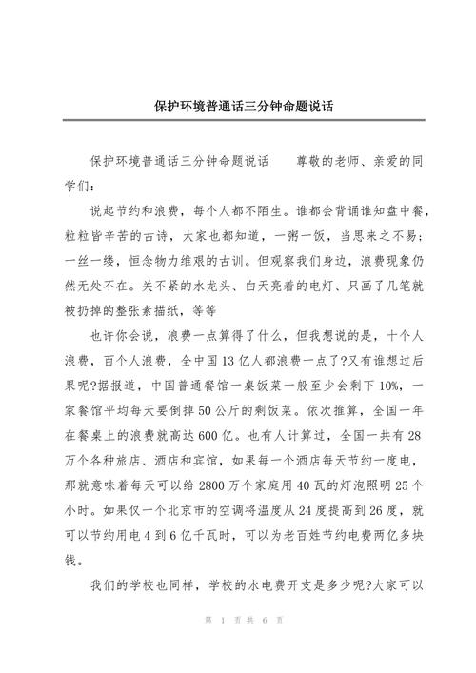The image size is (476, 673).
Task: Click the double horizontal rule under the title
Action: (x=237, y=120)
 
